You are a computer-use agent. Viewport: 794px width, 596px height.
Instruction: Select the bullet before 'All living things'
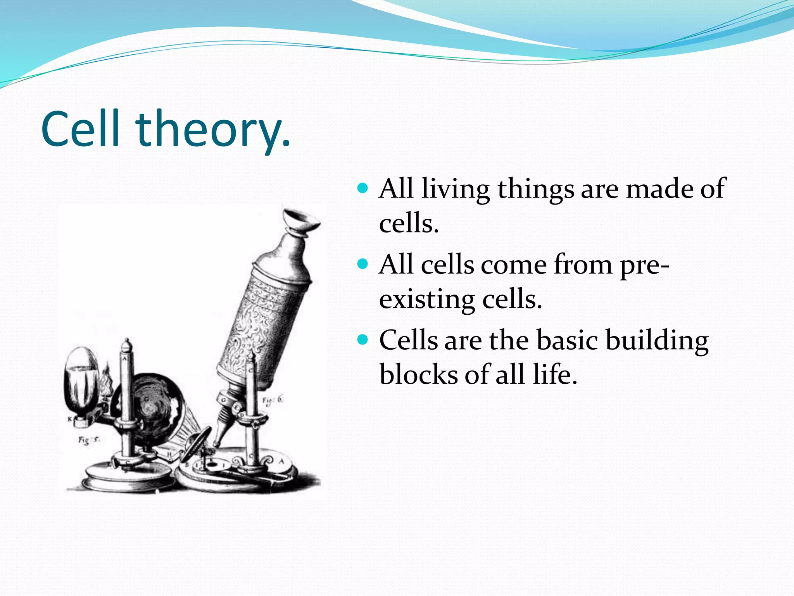[x=363, y=189]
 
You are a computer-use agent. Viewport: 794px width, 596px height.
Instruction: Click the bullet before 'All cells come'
[x=363, y=265]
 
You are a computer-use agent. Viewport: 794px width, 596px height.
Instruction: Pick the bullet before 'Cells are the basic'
[x=363, y=340]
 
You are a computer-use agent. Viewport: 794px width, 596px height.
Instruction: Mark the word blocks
[x=418, y=375]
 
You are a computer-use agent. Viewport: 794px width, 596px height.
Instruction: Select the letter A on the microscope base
[x=282, y=461]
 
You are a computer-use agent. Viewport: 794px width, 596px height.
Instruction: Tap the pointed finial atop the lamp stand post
[x=127, y=345]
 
